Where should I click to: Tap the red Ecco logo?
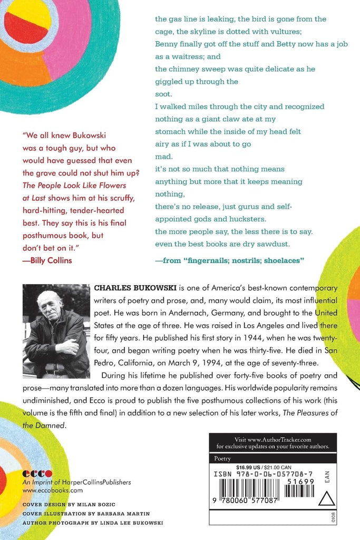[37, 474]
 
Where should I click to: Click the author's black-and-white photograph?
[56, 331]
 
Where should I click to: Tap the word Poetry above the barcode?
[222, 459]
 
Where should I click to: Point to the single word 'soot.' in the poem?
[163, 94]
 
